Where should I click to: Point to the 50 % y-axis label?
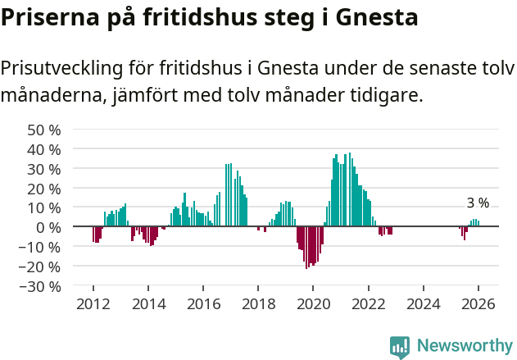[x=44, y=130]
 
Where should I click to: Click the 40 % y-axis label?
[x=44, y=149]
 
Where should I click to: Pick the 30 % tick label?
[x=44, y=169]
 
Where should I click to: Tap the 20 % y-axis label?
[x=44, y=189]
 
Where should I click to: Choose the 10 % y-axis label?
[x=44, y=208]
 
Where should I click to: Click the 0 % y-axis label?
[x=48, y=227]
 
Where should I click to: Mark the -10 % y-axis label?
[x=41, y=247]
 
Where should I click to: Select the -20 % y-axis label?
[x=41, y=267]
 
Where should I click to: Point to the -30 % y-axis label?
[x=41, y=286]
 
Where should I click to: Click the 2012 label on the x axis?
[x=93, y=304]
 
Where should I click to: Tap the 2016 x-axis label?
[x=203, y=304]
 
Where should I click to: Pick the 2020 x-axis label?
[x=313, y=304]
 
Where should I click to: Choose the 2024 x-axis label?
[x=424, y=304]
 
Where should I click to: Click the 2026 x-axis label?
[x=478, y=304]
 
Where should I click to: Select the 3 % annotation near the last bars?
[x=478, y=203]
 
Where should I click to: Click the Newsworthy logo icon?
[x=400, y=346]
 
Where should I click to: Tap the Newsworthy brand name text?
[x=465, y=346]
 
